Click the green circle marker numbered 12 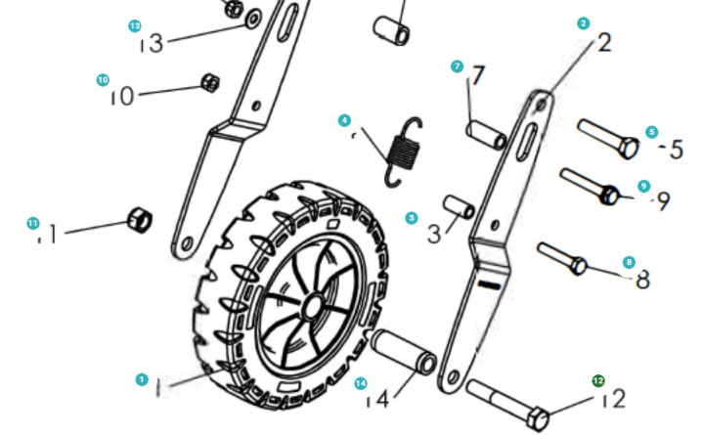(598, 381)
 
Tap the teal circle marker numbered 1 (142, 378)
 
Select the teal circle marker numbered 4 (344, 120)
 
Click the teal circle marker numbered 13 (135, 25)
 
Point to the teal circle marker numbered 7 (457, 66)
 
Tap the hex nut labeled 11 (140, 220)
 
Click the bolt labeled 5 (608, 140)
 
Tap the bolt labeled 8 (562, 257)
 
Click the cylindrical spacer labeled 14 (402, 351)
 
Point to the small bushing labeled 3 (460, 206)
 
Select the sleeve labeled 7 (486, 134)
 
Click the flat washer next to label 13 (252, 17)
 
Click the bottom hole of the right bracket (453, 374)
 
